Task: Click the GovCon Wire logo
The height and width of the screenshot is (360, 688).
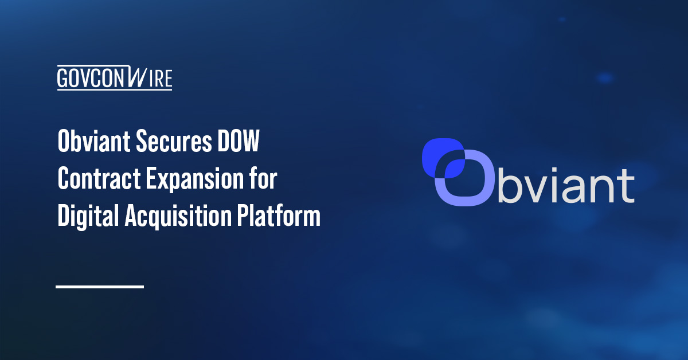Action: click(x=114, y=78)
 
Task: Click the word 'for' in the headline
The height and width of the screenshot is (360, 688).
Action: click(x=264, y=180)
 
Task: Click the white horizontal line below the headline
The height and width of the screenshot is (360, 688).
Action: click(x=100, y=286)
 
